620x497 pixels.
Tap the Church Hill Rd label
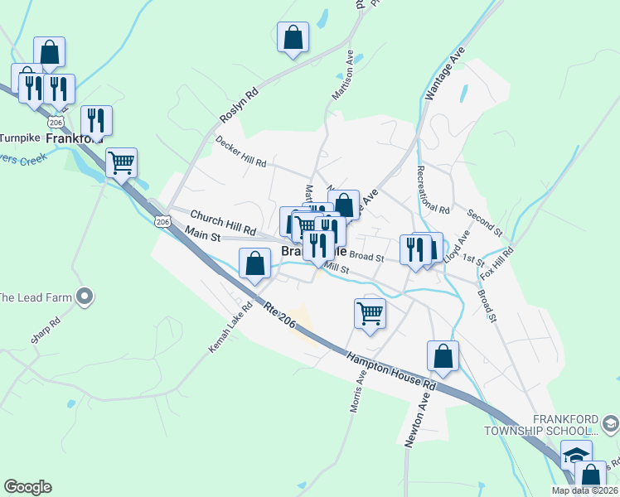(223, 221)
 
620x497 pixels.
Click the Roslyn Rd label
(240, 105)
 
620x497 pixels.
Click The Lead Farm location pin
(84, 296)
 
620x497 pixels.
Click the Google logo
(27, 487)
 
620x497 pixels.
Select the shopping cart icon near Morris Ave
(369, 313)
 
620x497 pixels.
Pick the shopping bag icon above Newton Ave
(443, 355)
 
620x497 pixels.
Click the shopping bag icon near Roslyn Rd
(293, 36)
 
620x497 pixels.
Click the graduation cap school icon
(576, 456)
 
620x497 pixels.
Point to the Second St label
(484, 221)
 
